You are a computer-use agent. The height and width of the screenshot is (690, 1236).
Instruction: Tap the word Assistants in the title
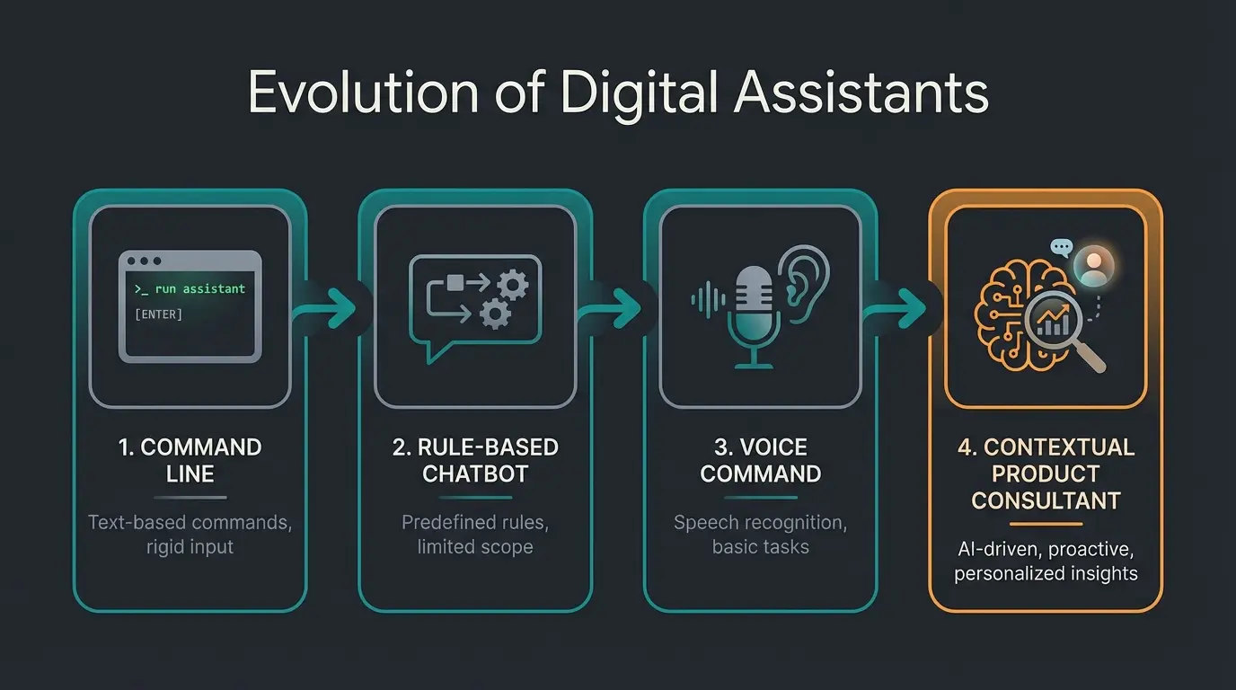click(x=861, y=93)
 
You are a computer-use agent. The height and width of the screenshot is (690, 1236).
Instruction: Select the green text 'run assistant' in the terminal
click(x=199, y=288)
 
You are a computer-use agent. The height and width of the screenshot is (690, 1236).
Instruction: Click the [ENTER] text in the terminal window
click(x=158, y=314)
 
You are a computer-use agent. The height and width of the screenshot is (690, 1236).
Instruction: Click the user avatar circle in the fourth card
click(x=1094, y=265)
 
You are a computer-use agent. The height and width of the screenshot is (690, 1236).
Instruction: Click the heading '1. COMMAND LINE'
click(x=190, y=460)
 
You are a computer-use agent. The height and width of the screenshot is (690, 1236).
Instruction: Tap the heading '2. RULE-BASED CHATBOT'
click(x=475, y=460)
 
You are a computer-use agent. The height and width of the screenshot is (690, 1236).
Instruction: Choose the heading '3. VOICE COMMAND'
click(x=761, y=460)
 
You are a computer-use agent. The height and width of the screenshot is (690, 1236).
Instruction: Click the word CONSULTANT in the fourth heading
click(x=1046, y=500)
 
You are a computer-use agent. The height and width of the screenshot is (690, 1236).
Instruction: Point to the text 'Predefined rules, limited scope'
click(x=475, y=535)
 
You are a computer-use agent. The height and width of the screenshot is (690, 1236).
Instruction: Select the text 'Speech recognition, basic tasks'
click(x=761, y=535)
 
